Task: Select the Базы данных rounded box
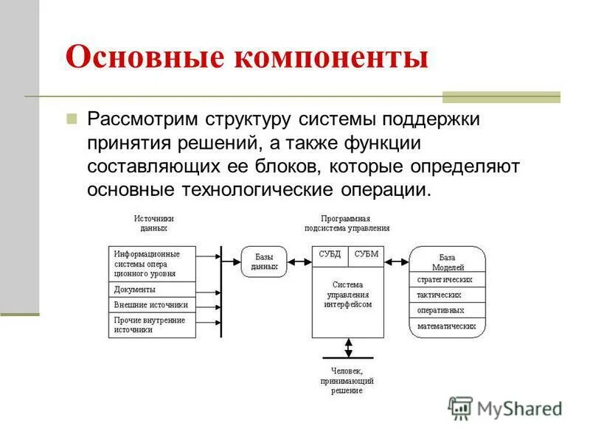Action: coord(264,262)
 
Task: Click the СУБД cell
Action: coord(330,255)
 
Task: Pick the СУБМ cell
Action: coord(366,255)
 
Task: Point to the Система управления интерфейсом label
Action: coord(347,294)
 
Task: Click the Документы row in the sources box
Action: coord(152,290)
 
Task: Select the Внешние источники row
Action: coord(152,304)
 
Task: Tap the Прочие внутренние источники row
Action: coord(152,325)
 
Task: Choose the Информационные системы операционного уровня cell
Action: coord(152,263)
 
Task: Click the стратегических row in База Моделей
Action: coord(447,280)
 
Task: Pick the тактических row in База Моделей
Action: coord(447,295)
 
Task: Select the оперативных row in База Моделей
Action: coord(447,310)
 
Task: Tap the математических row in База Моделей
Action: coord(447,326)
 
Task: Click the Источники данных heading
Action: coord(154,223)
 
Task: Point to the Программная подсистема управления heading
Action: coord(347,223)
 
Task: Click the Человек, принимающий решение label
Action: coord(347,380)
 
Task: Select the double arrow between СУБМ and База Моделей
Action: coord(397,261)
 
